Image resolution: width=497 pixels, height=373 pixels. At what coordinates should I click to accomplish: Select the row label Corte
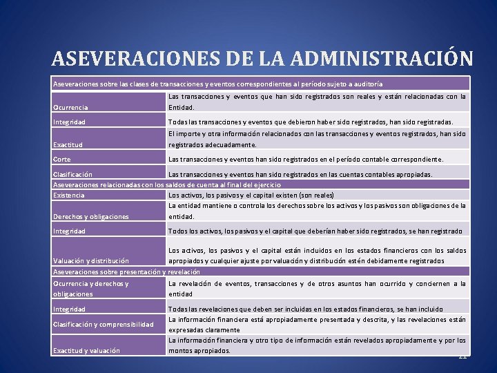point(61,160)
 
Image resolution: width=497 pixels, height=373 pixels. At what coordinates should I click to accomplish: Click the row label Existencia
point(69,195)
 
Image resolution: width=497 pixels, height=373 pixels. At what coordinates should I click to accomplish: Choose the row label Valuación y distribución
point(90,261)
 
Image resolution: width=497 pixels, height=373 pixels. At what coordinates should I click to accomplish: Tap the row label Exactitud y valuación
point(86,351)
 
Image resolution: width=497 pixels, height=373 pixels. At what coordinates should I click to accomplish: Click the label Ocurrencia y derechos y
point(91,284)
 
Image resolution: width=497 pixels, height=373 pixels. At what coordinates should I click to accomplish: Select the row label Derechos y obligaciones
point(91,217)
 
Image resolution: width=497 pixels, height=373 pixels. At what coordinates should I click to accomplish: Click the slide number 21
point(462,356)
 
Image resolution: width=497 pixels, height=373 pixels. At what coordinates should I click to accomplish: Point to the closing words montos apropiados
point(199,351)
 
